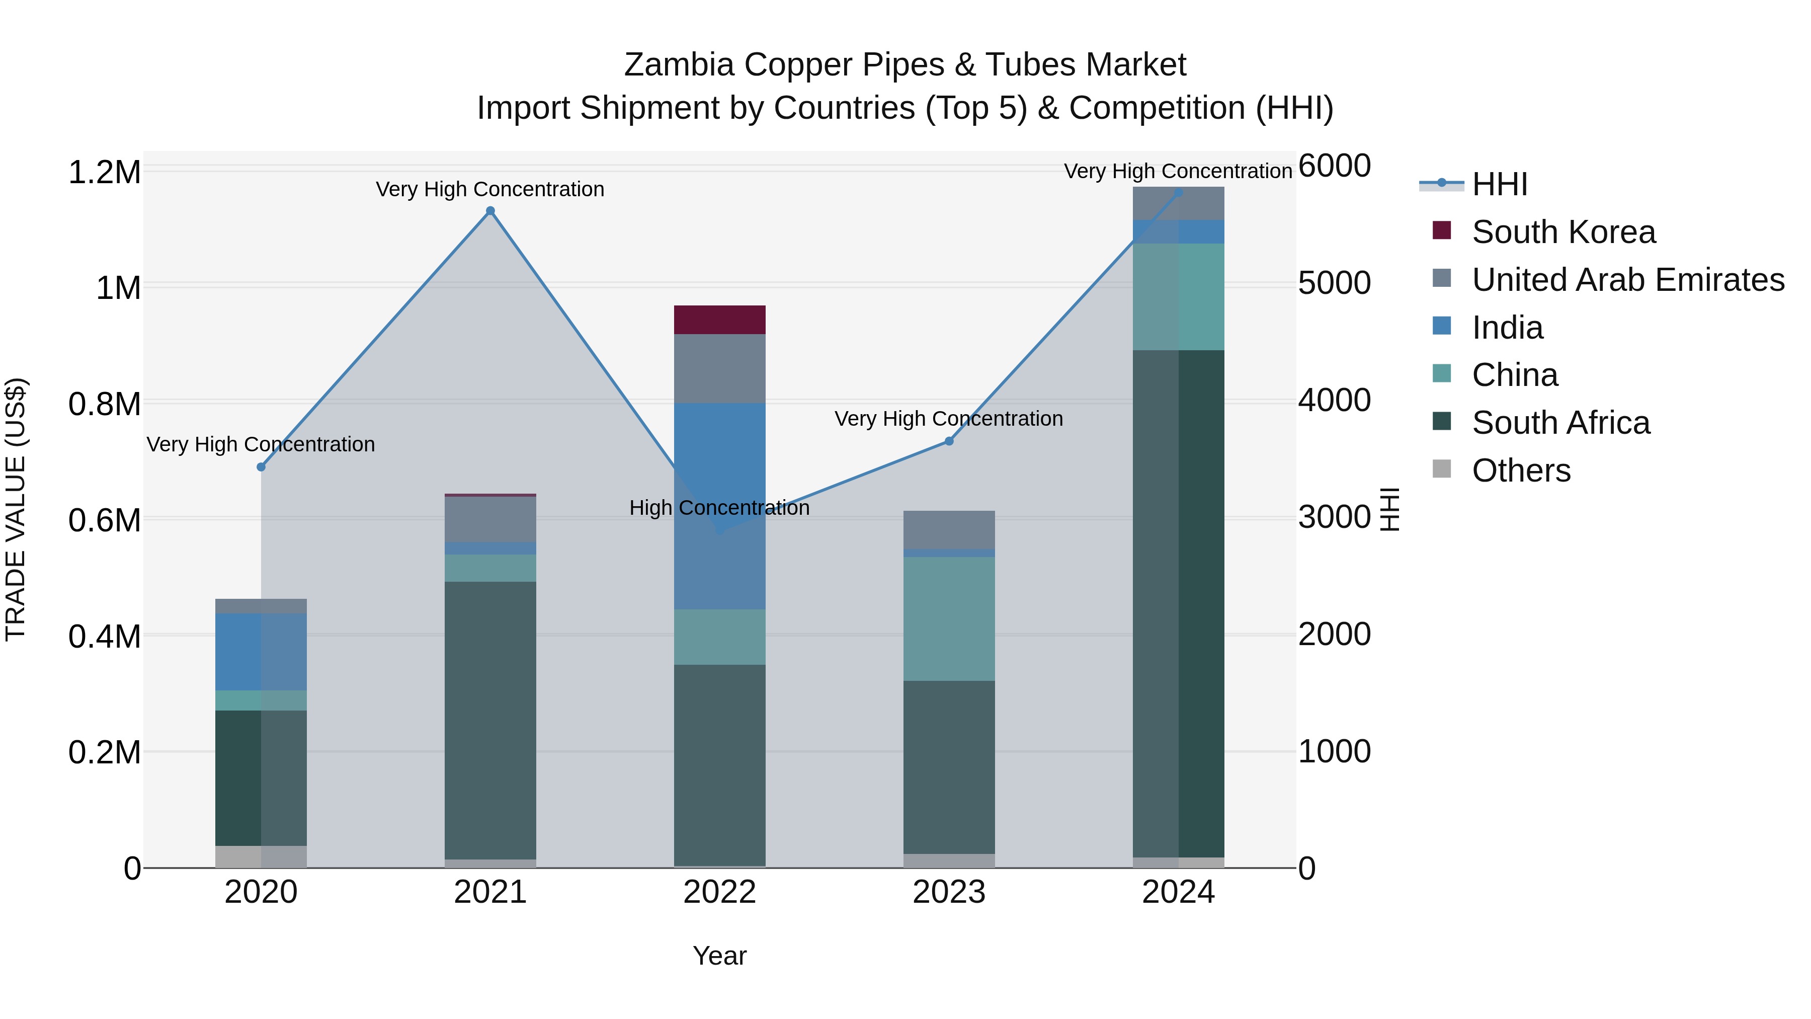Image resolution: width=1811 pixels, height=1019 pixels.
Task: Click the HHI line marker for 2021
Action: point(490,211)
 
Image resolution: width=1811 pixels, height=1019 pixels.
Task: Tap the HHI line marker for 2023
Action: point(949,441)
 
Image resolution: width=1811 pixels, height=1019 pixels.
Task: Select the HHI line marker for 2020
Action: point(262,467)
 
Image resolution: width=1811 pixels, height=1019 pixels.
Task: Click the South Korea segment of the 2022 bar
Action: point(720,320)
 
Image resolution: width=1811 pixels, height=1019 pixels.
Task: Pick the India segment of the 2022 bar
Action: point(720,506)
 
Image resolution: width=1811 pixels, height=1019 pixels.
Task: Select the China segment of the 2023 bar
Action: point(949,619)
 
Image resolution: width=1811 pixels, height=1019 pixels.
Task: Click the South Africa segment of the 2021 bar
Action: point(490,720)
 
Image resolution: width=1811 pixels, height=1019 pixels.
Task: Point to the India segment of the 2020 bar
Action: point(262,652)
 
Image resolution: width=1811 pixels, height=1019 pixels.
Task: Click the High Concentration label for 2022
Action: point(719,508)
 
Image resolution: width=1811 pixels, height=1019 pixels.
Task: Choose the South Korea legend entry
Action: point(1563,232)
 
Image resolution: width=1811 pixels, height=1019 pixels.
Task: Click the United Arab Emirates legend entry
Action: point(1627,280)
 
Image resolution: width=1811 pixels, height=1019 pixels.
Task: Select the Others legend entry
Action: point(1521,471)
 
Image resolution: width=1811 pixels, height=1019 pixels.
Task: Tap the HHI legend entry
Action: point(1499,184)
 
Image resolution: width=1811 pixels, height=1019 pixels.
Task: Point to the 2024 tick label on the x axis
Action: point(1178,892)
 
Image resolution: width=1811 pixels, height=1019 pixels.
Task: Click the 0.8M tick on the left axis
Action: point(105,405)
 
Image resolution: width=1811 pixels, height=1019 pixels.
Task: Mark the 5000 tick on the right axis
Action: point(1334,283)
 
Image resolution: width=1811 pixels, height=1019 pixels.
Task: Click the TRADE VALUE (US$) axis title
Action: point(16,509)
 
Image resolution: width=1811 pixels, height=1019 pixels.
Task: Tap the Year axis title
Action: point(719,956)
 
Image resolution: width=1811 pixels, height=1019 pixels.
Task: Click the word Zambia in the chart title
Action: point(679,65)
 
